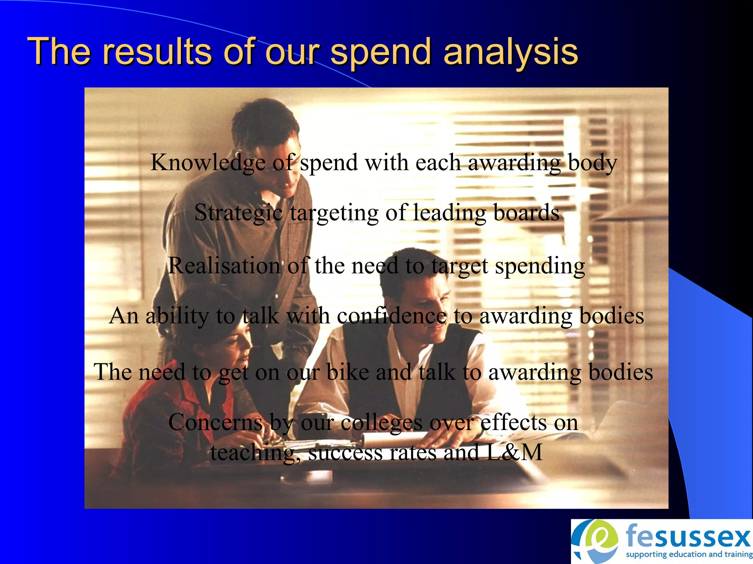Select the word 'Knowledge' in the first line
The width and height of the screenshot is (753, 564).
click(x=208, y=162)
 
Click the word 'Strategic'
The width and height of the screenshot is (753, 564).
click(x=238, y=213)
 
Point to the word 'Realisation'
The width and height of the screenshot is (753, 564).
click(x=224, y=265)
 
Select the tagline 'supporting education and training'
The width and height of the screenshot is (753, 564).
click(x=689, y=554)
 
